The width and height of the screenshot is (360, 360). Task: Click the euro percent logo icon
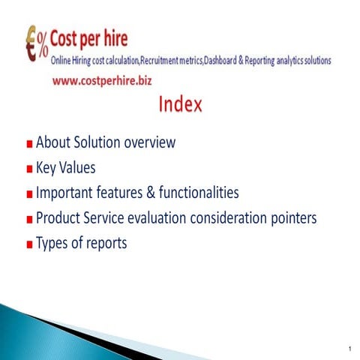coord(35,44)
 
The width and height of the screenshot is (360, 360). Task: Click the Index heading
coord(180,105)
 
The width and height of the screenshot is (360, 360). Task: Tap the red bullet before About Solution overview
coord(28,144)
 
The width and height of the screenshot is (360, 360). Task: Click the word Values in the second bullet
coord(79,167)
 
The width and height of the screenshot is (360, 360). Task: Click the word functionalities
coord(196,193)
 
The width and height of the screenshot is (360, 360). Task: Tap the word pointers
coord(289,218)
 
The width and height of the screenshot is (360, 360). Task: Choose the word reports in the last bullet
coord(104,244)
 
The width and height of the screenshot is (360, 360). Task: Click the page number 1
coord(349,348)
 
